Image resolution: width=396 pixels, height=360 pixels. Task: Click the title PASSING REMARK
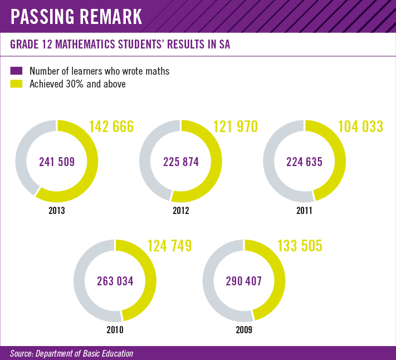coord(77,16)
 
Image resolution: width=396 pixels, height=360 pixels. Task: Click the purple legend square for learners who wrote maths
coord(17,71)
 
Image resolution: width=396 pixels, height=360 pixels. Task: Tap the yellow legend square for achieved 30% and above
coord(17,84)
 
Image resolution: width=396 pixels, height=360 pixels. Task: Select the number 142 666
coord(111,127)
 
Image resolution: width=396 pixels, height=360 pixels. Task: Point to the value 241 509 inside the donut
coord(57,162)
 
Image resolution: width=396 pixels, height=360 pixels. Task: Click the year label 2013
coord(57,211)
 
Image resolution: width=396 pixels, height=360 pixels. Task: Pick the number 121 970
coord(236,127)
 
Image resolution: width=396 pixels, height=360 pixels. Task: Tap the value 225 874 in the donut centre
coord(181,162)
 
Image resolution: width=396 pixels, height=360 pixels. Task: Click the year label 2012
coord(181,211)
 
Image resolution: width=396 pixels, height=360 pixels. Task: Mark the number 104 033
coord(360,127)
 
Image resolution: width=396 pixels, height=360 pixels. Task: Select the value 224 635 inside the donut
coord(305,162)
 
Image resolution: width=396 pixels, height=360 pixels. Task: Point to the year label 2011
coord(305,211)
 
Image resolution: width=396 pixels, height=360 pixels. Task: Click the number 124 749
coord(169,246)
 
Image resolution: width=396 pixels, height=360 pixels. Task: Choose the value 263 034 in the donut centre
coord(115,281)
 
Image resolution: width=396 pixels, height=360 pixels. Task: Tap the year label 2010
coord(115,330)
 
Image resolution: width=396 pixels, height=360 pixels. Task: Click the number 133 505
coord(300,246)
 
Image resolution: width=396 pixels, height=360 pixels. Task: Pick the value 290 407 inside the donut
coord(243,281)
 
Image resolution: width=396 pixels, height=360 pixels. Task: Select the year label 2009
coord(243,330)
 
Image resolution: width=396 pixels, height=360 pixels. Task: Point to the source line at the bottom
coord(71,353)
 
